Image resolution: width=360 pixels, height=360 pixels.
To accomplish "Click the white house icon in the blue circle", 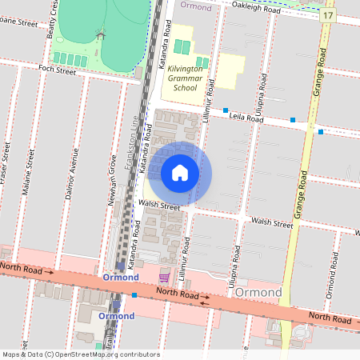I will (180, 173).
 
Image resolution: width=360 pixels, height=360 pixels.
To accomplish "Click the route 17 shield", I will (328, 16).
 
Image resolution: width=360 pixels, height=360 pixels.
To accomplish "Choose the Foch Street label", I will (58, 71).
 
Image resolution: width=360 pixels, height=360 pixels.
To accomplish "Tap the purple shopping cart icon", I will (164, 277).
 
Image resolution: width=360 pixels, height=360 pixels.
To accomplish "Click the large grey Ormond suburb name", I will (258, 292).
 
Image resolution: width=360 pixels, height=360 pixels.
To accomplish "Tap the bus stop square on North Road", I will (134, 295).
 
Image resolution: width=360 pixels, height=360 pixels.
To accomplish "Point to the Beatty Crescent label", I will (54, 19).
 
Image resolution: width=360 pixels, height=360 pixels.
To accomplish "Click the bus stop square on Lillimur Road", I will (226, 110).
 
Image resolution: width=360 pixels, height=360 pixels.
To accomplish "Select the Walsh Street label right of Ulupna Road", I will (272, 222).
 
